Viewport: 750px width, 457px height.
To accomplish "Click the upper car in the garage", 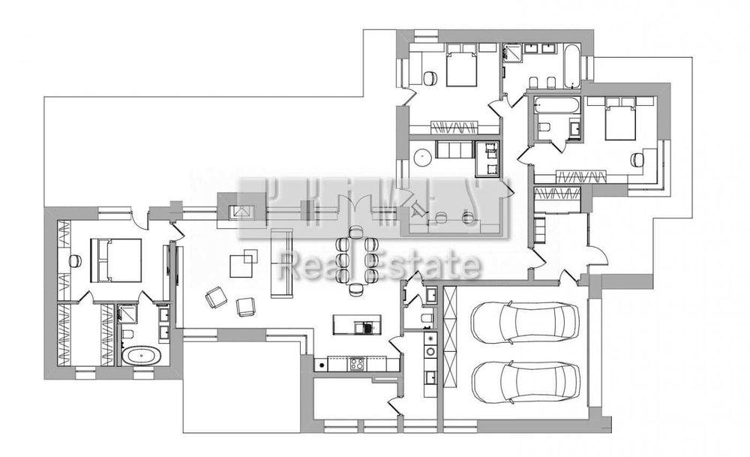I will coord(525,320).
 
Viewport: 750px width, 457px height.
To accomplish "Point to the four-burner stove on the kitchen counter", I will coord(357,365).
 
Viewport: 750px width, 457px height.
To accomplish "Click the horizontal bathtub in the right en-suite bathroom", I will coord(556,105).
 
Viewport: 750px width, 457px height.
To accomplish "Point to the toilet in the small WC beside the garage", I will coord(426,321).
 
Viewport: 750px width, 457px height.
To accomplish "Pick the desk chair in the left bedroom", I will coord(75,260).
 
